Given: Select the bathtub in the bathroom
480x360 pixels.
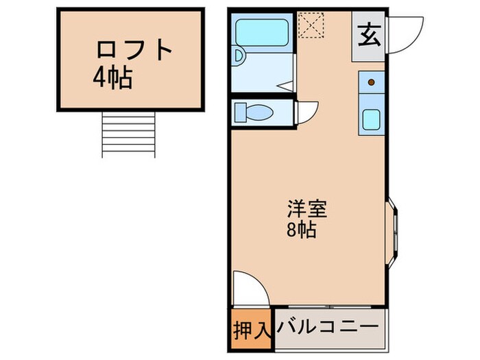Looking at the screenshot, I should pos(263,32).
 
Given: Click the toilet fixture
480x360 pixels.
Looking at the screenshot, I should pos(254,111).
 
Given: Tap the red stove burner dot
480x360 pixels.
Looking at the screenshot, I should pos(372,82).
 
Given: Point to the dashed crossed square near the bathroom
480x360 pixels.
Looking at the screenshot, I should pos(311,25).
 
